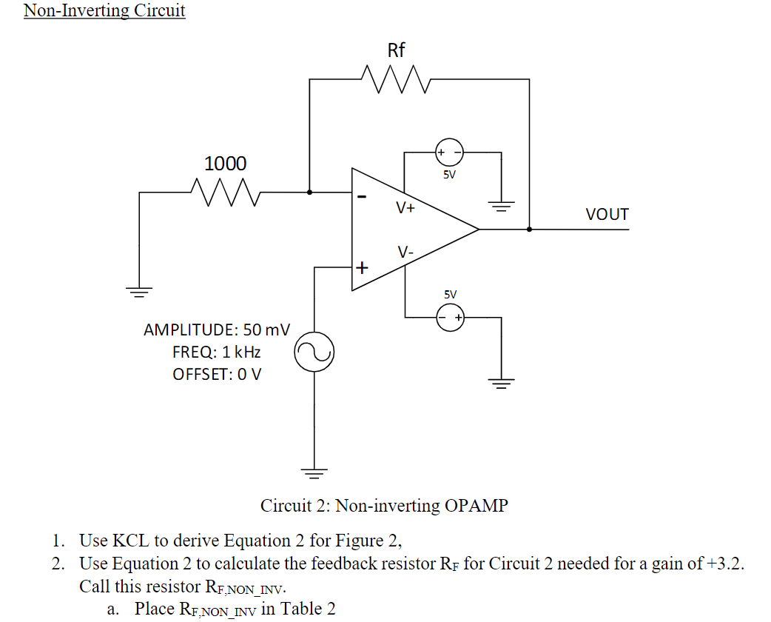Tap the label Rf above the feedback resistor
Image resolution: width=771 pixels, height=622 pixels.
(x=397, y=50)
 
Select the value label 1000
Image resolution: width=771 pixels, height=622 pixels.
(x=225, y=164)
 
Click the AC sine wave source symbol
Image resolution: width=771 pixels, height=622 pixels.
(x=314, y=354)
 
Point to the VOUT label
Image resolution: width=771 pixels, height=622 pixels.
(x=607, y=215)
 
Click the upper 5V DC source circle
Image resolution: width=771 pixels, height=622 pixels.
(x=449, y=153)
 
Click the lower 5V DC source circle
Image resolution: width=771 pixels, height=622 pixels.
(x=449, y=318)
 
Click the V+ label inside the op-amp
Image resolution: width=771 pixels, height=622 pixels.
(x=405, y=208)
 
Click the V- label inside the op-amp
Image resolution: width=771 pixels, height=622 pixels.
(x=405, y=253)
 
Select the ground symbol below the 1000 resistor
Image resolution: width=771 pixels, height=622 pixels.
(x=139, y=290)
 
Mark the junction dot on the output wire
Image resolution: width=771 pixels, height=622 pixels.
(x=529, y=230)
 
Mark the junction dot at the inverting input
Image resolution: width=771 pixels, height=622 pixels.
(x=309, y=192)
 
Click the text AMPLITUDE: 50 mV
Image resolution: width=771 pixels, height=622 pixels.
(x=216, y=329)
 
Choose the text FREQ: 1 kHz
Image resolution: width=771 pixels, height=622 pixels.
(x=216, y=352)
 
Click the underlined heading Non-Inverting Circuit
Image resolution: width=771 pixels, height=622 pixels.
(x=104, y=10)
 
